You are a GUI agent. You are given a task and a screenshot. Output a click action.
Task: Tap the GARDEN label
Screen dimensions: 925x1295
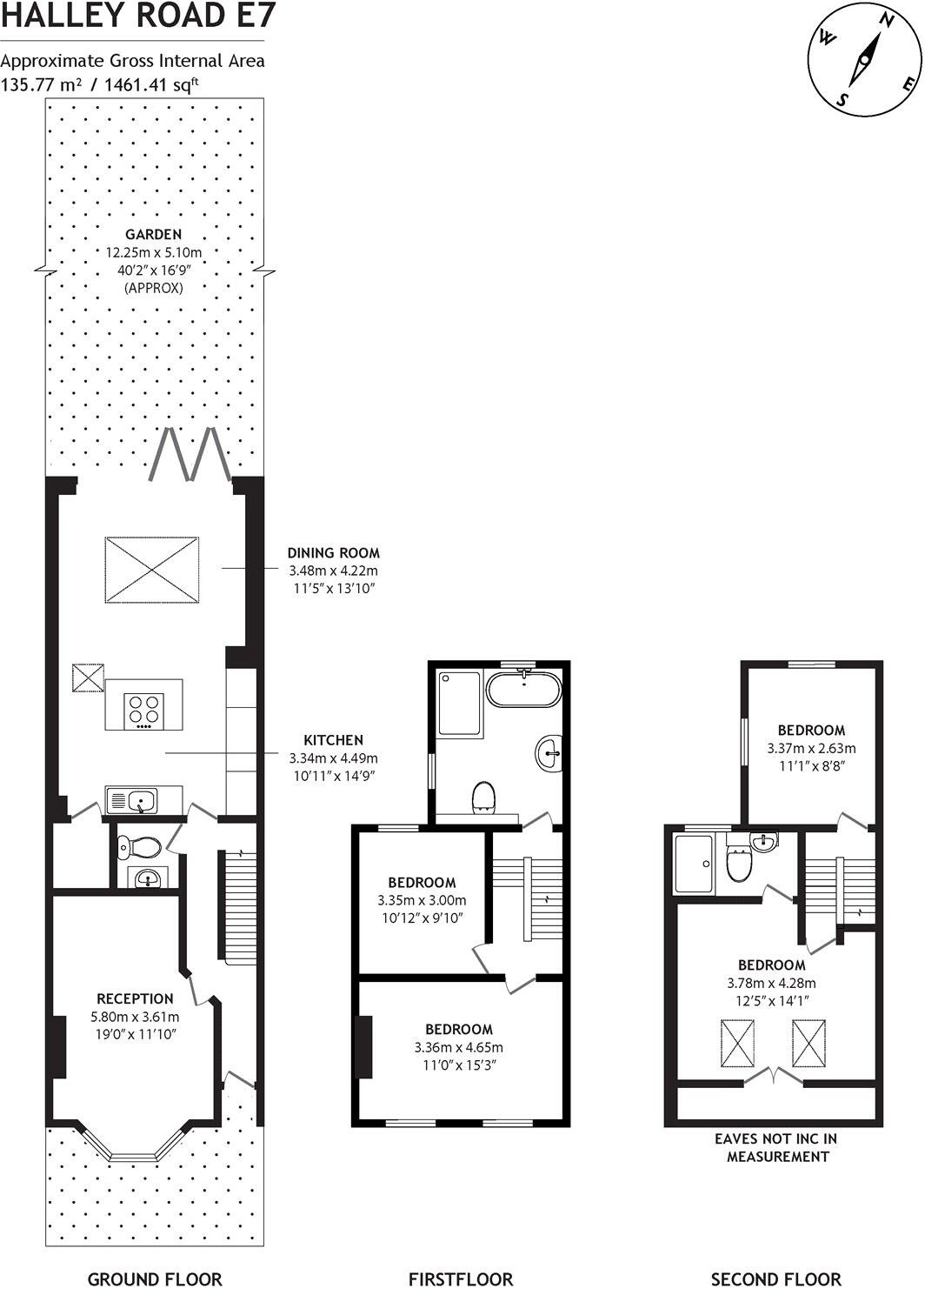click(154, 234)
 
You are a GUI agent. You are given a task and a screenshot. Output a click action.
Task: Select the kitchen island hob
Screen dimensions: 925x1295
click(143, 711)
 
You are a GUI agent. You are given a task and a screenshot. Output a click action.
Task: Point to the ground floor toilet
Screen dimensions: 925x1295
click(138, 848)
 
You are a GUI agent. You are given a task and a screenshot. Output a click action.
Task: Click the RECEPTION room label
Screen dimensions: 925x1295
click(135, 998)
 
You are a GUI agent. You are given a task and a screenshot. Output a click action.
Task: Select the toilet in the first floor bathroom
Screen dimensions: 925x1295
click(483, 798)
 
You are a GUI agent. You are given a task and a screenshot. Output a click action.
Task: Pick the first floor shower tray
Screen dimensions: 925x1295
click(459, 704)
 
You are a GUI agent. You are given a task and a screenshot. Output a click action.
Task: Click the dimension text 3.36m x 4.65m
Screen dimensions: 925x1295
click(458, 1047)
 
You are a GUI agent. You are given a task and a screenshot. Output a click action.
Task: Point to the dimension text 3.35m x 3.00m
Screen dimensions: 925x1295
click(422, 900)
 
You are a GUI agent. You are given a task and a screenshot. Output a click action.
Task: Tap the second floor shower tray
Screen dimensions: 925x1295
click(695, 863)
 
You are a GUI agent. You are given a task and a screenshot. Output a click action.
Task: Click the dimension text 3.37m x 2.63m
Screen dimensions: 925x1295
click(811, 748)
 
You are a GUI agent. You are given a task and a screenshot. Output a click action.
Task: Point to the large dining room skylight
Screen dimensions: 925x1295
click(152, 570)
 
